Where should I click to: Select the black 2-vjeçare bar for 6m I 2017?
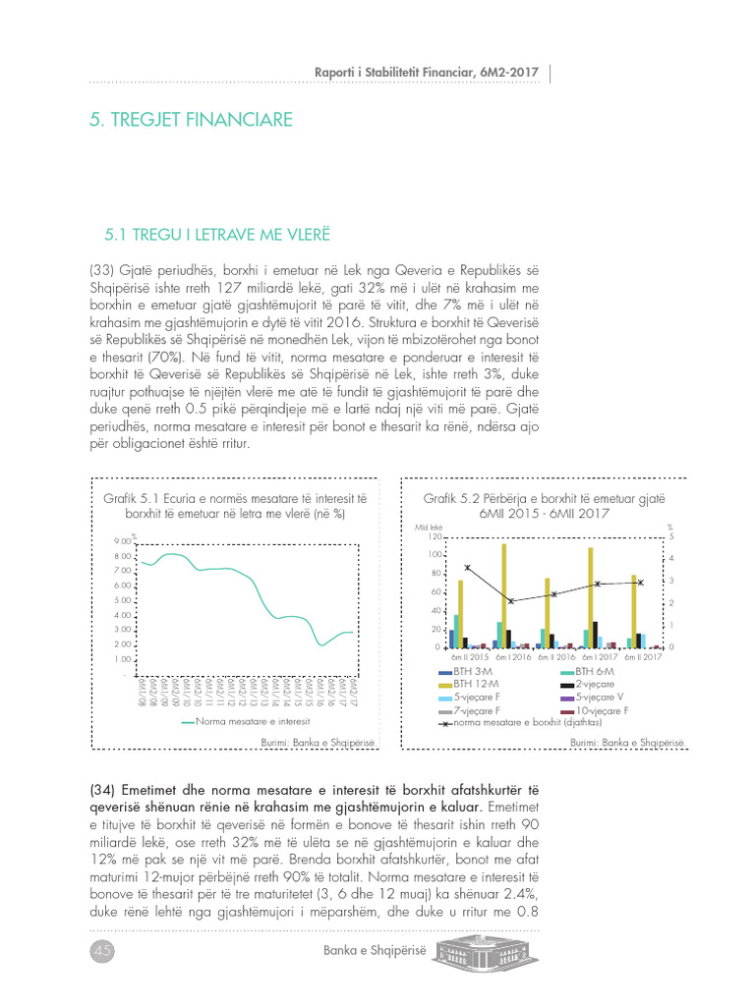pyautogui.click(x=595, y=635)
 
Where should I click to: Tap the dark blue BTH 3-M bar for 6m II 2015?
pyautogui.click(x=451, y=639)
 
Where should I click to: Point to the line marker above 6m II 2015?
pyautogui.click(x=467, y=568)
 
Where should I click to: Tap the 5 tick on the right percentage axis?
pyautogui.click(x=671, y=537)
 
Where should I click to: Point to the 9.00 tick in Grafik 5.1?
pyautogui.click(x=123, y=541)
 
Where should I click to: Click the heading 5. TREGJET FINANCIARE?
pyautogui.click(x=191, y=120)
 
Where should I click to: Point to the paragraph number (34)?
pyautogui.click(x=102, y=790)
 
